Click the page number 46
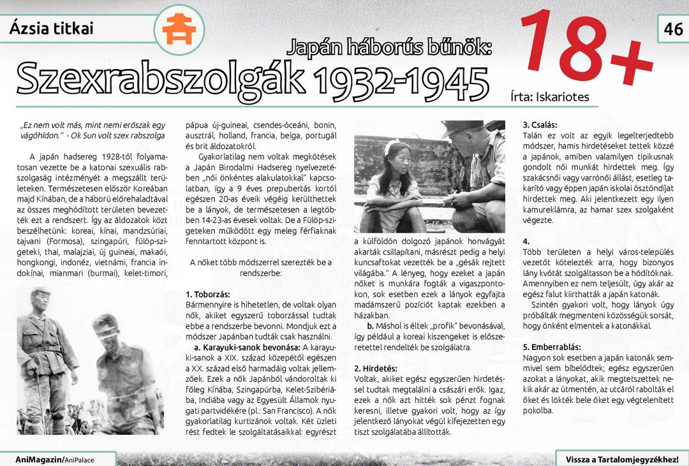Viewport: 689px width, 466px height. coord(673,29)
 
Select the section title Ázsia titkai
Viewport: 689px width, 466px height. coord(51,29)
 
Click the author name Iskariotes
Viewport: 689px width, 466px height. coord(562,97)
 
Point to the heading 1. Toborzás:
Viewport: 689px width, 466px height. coord(207,295)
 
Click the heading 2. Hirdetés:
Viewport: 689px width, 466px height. coord(376,368)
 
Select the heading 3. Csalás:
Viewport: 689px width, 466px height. coord(540,125)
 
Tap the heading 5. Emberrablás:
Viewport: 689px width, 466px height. coord(552,347)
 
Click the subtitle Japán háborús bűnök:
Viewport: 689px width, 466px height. coord(389,47)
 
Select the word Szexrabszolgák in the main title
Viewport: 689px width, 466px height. coord(159,80)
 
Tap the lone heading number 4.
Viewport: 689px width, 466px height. coord(526,242)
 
